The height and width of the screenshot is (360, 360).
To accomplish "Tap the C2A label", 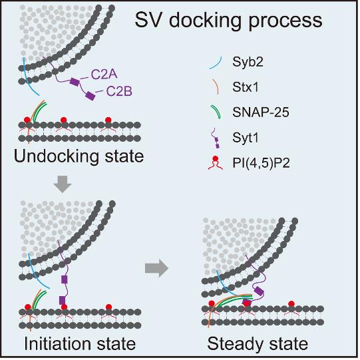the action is click(x=104, y=75).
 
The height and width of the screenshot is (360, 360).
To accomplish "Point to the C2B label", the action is click(x=119, y=91).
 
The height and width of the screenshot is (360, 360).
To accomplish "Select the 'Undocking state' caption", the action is click(x=79, y=157).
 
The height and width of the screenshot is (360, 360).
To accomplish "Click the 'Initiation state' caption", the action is click(x=80, y=344).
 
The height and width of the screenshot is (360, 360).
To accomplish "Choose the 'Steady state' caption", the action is click(x=258, y=344).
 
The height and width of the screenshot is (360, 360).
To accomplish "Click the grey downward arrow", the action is click(x=63, y=184).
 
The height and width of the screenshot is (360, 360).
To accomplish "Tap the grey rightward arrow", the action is click(x=157, y=268).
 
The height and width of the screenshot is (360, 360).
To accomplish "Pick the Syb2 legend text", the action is click(x=248, y=62).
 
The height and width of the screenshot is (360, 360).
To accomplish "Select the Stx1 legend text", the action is click(x=246, y=87).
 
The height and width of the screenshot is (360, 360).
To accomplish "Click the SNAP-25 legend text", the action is click(x=261, y=112).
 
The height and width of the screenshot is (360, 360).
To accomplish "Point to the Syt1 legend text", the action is click(x=246, y=138).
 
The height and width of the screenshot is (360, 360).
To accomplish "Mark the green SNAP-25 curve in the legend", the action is click(x=217, y=112).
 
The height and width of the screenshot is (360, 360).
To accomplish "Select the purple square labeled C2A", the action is click(x=75, y=82).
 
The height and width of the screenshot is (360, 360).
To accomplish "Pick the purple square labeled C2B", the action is click(x=90, y=96).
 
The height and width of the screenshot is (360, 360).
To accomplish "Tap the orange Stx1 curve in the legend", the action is click(x=216, y=87).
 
